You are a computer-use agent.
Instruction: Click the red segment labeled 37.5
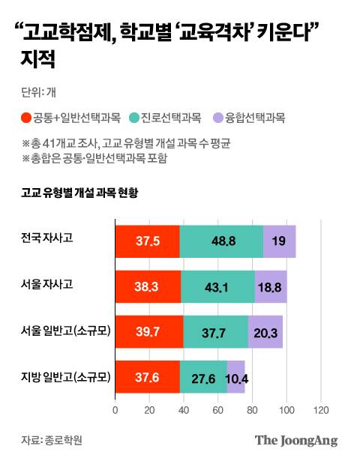147,241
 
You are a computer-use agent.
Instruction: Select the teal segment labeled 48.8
221,241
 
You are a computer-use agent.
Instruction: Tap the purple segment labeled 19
279,241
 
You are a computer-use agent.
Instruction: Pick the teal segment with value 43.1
217,286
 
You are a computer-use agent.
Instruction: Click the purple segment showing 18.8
271,286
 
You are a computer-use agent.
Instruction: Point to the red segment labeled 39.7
148,331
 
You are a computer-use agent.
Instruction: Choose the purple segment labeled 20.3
265,331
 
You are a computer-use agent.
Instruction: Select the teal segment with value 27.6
202,376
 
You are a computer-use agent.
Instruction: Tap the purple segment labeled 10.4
235,376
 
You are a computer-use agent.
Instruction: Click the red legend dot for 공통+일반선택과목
26,117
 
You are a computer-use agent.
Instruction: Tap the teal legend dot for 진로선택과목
133,117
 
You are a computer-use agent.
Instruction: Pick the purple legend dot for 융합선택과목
217,117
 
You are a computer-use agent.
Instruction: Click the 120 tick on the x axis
320,410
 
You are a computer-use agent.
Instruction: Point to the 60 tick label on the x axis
217,410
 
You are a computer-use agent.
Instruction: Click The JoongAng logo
295,440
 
